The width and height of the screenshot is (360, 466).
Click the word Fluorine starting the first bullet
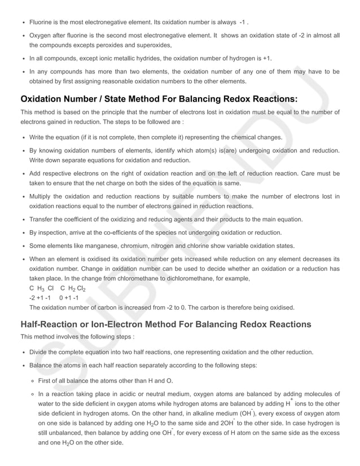(41, 22)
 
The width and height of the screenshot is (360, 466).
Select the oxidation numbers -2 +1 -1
(40, 298)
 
